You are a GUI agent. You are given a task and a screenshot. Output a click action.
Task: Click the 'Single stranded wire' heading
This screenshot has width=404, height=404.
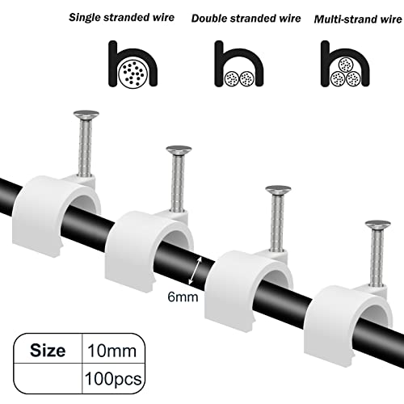click(121, 18)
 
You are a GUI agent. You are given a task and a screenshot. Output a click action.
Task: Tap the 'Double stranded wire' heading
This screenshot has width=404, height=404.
click(246, 19)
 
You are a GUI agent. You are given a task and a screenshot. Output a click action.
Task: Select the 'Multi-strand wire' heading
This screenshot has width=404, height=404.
click(358, 19)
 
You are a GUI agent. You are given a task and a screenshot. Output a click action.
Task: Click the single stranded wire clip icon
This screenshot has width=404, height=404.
click(113, 65)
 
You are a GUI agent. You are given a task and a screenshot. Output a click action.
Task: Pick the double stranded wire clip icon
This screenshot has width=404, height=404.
click(219, 65)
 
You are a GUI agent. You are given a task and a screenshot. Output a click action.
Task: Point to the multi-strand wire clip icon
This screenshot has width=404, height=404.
click(326, 65)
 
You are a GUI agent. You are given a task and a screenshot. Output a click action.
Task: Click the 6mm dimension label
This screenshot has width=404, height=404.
click(183, 297)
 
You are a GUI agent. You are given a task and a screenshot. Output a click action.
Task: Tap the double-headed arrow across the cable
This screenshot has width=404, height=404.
click(196, 271)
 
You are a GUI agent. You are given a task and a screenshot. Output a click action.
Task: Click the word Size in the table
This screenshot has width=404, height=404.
click(48, 351)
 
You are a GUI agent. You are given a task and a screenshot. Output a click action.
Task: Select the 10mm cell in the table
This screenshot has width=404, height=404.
click(112, 351)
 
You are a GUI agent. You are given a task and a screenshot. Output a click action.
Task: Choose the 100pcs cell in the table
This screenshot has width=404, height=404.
click(113, 379)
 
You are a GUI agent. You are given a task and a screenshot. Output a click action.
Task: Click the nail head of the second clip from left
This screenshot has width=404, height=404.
click(179, 150)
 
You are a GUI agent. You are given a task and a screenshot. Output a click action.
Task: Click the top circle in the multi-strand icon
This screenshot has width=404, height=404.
click(346, 65)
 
